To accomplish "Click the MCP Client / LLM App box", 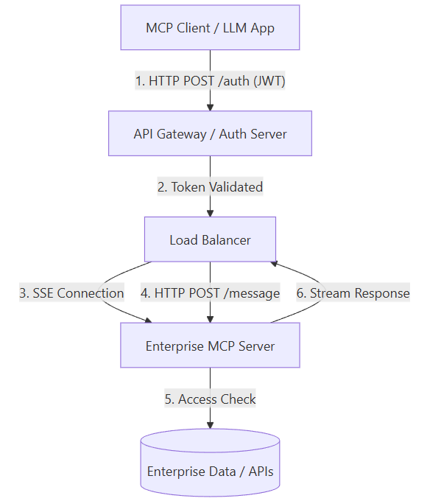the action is (210, 27).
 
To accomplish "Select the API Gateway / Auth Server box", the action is (210, 133).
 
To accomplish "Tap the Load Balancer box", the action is (210, 239).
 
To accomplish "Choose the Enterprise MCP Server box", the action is (210, 346).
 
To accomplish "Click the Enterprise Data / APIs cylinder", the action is (210, 463).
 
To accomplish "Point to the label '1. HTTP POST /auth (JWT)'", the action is (210, 80).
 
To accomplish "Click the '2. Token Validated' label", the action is (210, 187).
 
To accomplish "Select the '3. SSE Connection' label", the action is (71, 292).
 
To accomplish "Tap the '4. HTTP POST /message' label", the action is (210, 292).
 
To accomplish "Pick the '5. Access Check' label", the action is (210, 399).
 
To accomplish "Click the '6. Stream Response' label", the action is (353, 292).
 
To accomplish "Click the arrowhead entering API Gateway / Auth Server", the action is (210, 108).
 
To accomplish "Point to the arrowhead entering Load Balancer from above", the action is (210, 214).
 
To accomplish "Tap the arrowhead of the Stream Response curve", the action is (274, 264).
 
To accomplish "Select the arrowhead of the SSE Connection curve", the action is (148, 320).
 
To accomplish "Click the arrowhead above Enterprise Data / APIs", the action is (210, 425).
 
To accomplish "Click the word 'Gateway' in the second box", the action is (181, 134).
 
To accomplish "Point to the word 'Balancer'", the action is (226, 240).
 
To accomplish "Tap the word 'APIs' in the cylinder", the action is (261, 472).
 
